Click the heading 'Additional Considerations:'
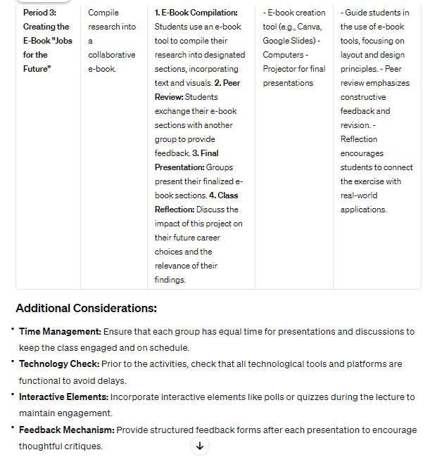(x=86, y=308)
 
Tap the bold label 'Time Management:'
(x=61, y=331)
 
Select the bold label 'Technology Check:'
(x=59, y=364)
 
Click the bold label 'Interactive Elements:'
(x=63, y=397)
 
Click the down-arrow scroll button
(x=200, y=446)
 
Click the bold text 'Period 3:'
(x=39, y=13)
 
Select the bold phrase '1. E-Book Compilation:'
(x=196, y=13)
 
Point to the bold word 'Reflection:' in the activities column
(x=175, y=210)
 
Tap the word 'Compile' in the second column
(x=103, y=13)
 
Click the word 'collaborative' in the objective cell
(x=113, y=55)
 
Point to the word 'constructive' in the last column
(x=363, y=97)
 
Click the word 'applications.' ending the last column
(x=363, y=210)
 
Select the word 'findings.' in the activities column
(x=170, y=280)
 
